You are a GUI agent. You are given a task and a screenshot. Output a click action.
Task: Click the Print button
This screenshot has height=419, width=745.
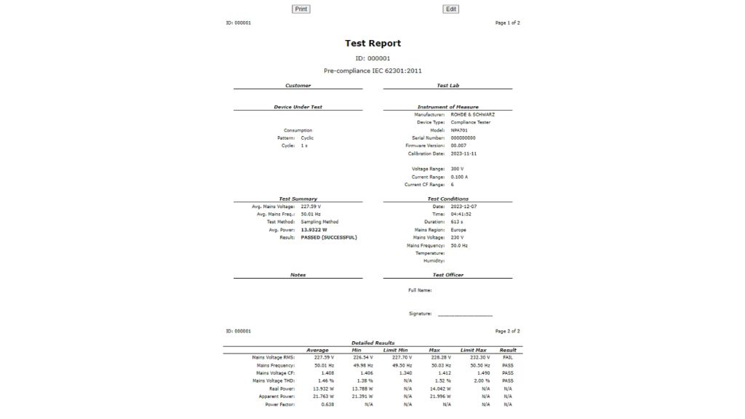click(x=300, y=9)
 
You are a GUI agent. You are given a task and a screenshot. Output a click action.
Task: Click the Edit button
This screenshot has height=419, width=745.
click(x=450, y=9)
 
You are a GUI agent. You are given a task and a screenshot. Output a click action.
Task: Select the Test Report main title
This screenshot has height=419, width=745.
click(x=372, y=44)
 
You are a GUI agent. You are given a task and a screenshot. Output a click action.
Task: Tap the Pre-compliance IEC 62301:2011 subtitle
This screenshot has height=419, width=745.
click(x=372, y=71)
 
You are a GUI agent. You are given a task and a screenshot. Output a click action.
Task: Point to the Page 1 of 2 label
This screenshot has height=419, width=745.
click(x=507, y=23)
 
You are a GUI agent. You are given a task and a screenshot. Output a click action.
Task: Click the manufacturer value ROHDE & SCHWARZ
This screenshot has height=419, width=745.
click(x=473, y=115)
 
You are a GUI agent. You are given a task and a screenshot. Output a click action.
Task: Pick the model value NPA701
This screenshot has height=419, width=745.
click(x=459, y=130)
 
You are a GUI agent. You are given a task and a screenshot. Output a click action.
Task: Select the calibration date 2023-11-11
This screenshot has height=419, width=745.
click(x=463, y=153)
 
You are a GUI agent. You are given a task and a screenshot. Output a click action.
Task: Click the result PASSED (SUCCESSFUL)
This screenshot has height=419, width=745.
click(x=329, y=237)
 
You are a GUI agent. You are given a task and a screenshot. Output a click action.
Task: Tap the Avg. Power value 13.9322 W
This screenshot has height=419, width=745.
click(x=314, y=230)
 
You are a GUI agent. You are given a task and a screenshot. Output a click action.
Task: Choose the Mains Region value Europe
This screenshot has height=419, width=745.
click(x=458, y=230)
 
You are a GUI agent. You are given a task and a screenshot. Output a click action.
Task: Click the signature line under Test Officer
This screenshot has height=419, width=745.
click(x=465, y=314)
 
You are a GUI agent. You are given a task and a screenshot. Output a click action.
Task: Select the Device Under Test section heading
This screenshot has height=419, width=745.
click(x=298, y=107)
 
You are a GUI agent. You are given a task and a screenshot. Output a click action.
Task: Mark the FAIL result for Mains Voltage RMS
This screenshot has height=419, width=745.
click(x=508, y=358)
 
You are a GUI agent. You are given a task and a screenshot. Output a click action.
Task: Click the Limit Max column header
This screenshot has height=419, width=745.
click(x=473, y=350)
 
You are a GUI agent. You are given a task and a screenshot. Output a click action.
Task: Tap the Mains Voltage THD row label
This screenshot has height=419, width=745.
click(x=274, y=380)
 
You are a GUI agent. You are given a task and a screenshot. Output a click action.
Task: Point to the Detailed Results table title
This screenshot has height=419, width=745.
click(x=372, y=343)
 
